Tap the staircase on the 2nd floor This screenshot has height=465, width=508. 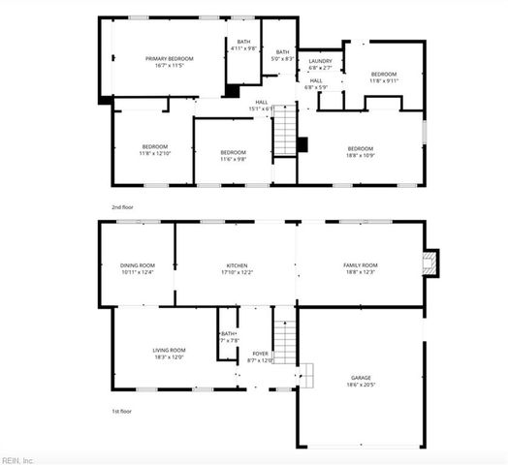point(284,132)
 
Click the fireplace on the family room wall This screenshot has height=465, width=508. point(432,262)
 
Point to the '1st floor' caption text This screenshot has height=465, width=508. point(122,411)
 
